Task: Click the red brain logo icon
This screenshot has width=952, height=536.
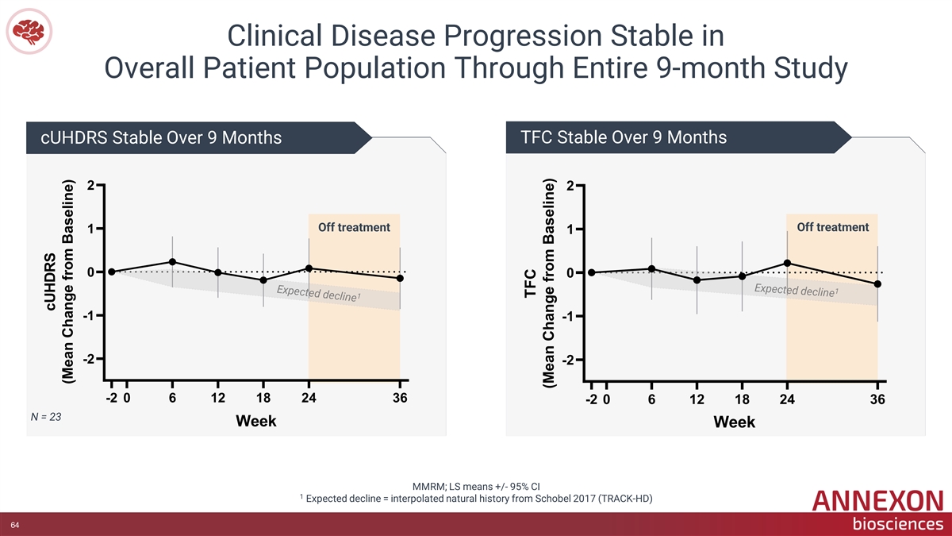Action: click(x=29, y=32)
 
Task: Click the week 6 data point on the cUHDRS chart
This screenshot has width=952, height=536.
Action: click(x=172, y=262)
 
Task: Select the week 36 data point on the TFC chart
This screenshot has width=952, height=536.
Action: click(x=877, y=283)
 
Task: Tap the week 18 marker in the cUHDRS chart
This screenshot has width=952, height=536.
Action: click(x=263, y=280)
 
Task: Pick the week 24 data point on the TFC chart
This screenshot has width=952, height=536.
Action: click(x=787, y=264)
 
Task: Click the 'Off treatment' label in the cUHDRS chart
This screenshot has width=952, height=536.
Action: click(x=354, y=228)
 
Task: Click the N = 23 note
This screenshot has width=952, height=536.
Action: click(x=46, y=417)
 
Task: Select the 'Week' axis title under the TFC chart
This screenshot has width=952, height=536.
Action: click(x=734, y=422)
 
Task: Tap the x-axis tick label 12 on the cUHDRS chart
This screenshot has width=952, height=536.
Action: click(x=217, y=398)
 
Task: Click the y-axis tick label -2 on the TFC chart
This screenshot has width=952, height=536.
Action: click(x=568, y=360)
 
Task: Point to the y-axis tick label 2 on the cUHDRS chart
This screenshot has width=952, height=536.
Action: click(x=90, y=186)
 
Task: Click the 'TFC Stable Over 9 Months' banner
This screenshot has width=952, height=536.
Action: click(x=624, y=137)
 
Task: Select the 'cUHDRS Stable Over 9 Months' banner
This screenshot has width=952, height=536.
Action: click(x=161, y=138)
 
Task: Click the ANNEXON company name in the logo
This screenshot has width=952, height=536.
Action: click(x=877, y=501)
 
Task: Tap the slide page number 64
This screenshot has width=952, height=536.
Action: click(x=15, y=525)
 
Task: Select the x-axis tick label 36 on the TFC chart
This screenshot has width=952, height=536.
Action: click(x=877, y=399)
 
